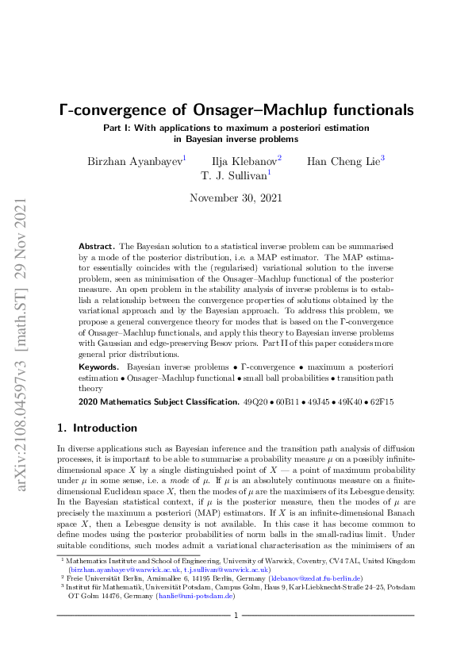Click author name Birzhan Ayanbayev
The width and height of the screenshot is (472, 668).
point(135,161)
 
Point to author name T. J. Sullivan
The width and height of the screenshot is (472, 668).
point(233,175)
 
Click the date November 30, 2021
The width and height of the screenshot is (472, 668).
point(236,198)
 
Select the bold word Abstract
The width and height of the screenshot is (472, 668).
point(97,248)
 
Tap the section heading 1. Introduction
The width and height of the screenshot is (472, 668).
point(92,428)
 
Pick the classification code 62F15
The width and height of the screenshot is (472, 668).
point(381,403)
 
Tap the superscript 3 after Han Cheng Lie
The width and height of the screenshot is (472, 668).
point(382,158)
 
